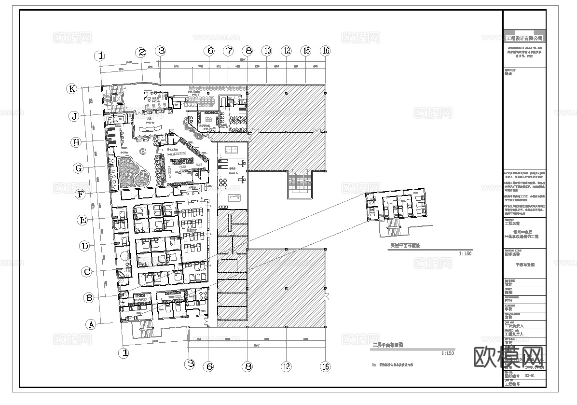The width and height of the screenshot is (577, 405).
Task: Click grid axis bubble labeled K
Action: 72,89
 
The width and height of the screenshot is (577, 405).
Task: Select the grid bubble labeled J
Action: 74,116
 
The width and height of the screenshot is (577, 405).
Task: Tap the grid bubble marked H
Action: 76,142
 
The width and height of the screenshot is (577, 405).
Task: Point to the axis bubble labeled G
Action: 79,168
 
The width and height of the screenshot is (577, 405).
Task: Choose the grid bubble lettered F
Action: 81,195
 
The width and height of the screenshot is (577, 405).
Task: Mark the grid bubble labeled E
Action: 83,220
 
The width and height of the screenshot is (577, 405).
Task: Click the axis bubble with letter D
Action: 85,246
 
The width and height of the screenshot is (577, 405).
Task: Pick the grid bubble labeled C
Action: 87,272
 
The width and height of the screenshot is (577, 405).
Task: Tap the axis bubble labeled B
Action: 89,298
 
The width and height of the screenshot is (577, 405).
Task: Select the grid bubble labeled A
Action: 91,324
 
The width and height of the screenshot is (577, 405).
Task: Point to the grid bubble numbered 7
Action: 228,51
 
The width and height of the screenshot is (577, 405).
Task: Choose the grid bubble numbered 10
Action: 267,51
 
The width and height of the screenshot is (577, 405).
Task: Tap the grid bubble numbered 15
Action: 306,51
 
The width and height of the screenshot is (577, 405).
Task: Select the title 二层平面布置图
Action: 388,345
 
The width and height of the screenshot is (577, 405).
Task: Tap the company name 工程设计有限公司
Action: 523,38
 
